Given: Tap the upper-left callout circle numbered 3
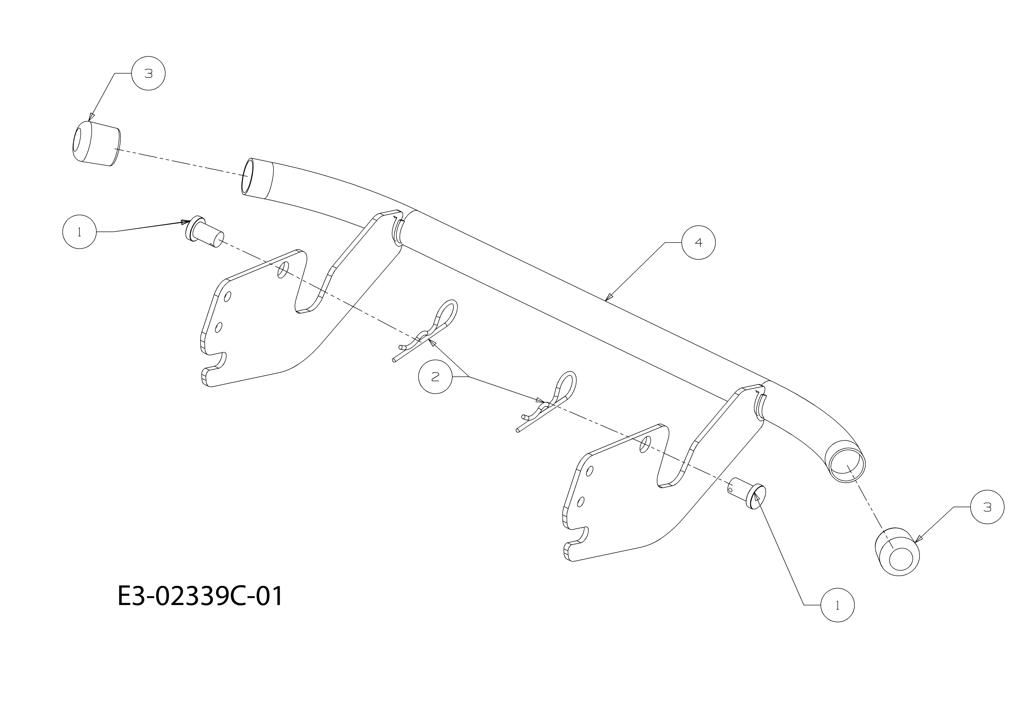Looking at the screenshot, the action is (148, 74).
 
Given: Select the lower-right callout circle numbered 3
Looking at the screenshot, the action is (987, 507).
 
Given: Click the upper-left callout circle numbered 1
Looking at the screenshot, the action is (79, 232).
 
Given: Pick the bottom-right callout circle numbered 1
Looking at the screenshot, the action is (838, 605).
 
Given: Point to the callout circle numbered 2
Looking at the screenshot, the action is (435, 377).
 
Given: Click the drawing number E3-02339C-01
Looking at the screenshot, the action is (200, 597).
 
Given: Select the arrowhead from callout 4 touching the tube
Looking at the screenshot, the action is (609, 297).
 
